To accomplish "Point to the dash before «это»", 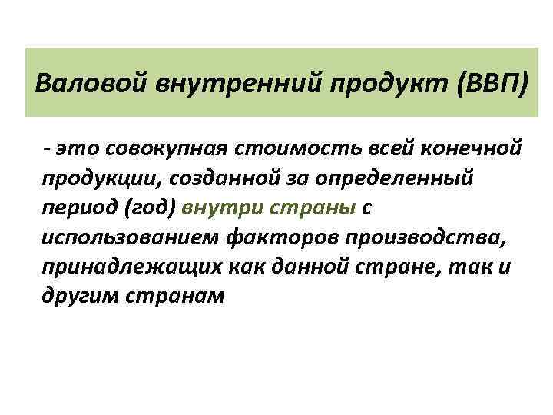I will pos(48,147).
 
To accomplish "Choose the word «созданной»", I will pos(212,178).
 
